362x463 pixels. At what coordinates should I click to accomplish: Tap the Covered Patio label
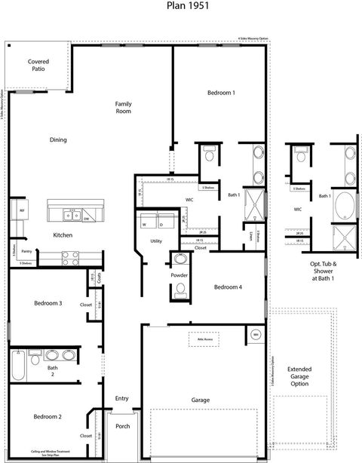pyautogui.click(x=38, y=65)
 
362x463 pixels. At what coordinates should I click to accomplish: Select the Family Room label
pyautogui.click(x=123, y=107)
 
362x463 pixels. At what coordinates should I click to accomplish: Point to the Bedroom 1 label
pyautogui.click(x=221, y=93)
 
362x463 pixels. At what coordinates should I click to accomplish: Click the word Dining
pyautogui.click(x=58, y=140)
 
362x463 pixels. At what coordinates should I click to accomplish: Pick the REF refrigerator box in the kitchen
pyautogui.click(x=23, y=211)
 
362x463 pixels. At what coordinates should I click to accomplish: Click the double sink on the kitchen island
pyautogui.click(x=72, y=215)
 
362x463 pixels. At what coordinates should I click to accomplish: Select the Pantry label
pyautogui.click(x=26, y=251)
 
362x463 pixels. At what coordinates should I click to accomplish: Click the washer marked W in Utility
pyautogui.click(x=143, y=224)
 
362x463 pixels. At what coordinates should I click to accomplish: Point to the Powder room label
pyautogui.click(x=179, y=275)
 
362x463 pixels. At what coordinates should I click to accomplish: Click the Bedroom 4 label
pyautogui.click(x=228, y=287)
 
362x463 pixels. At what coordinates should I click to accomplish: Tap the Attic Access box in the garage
pyautogui.click(x=204, y=339)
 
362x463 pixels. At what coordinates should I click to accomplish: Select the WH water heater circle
pyautogui.click(x=256, y=334)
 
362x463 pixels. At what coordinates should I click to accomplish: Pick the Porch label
pyautogui.click(x=122, y=426)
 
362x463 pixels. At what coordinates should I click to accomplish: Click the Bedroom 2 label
pyautogui.click(x=47, y=416)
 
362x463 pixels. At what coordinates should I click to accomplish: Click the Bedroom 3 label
pyautogui.click(x=48, y=303)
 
